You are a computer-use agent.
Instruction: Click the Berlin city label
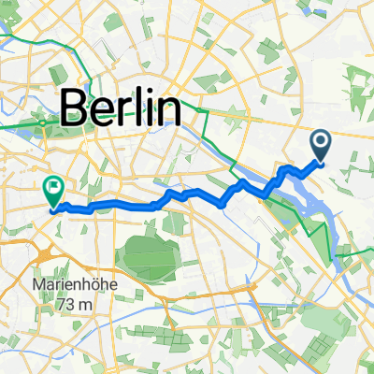(x=122, y=109)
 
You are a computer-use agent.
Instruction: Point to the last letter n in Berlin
(x=167, y=109)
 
